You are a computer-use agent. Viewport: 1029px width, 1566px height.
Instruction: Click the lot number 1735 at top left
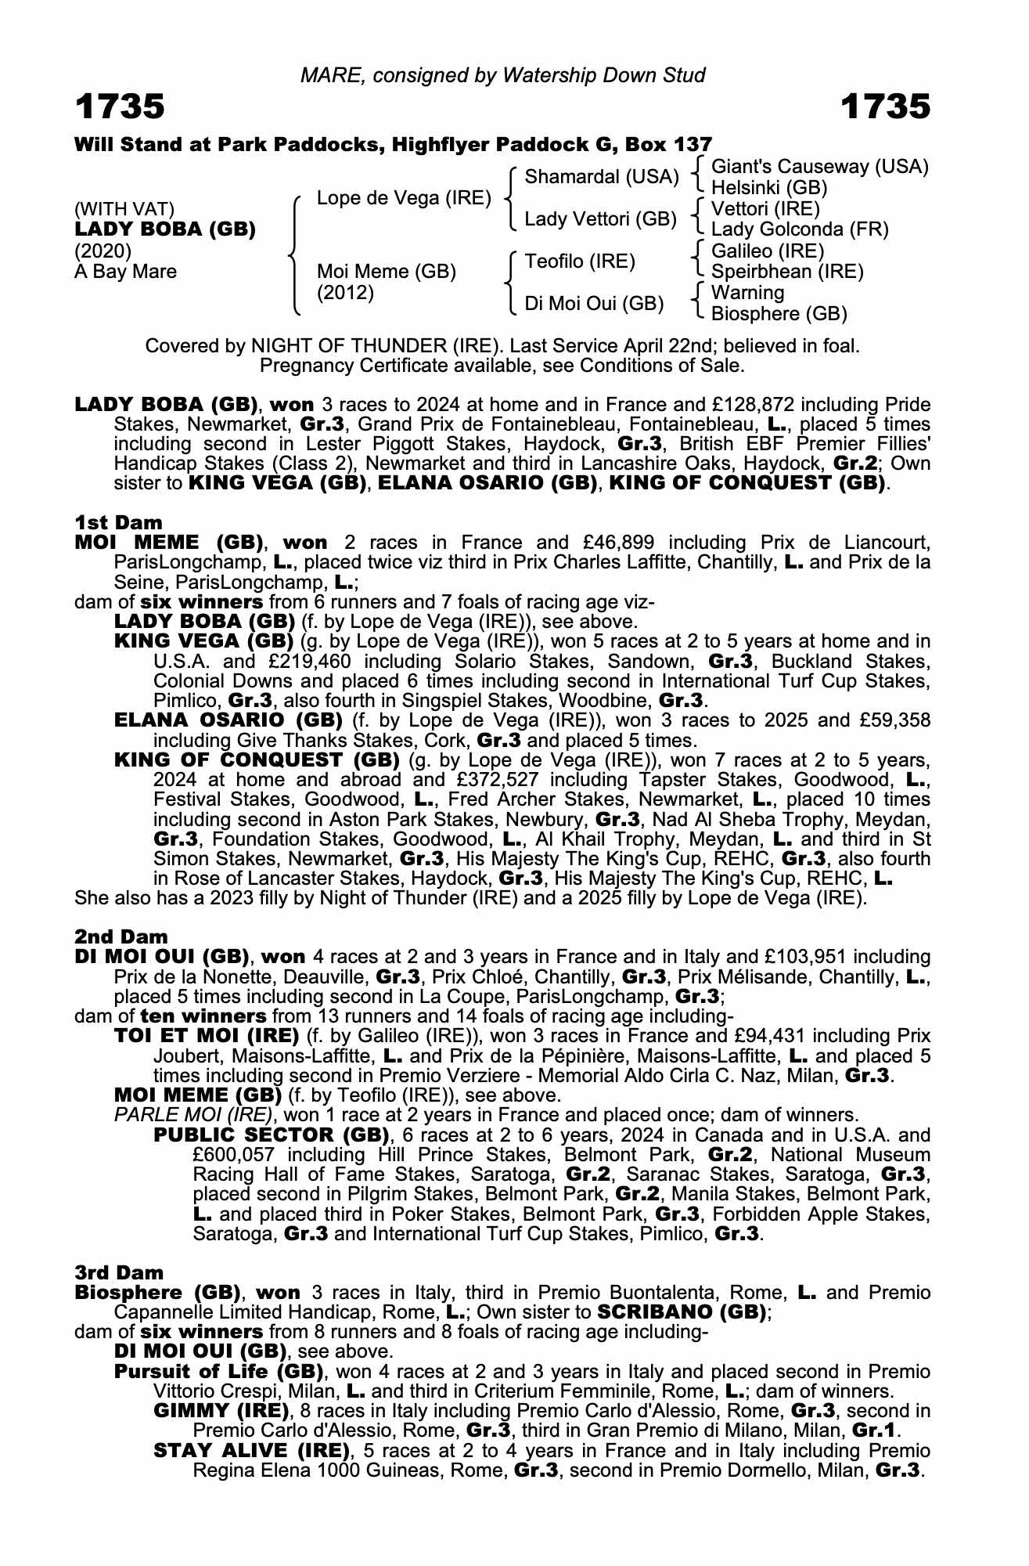(x=120, y=106)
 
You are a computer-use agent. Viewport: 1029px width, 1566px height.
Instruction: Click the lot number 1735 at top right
(x=886, y=106)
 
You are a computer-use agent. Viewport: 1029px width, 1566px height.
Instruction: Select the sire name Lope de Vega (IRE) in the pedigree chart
(x=404, y=198)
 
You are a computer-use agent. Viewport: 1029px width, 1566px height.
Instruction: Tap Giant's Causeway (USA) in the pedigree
(x=819, y=167)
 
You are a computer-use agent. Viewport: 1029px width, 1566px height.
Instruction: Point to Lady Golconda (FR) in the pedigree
(x=800, y=230)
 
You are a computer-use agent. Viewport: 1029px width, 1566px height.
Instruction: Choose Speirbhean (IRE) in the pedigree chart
(x=787, y=272)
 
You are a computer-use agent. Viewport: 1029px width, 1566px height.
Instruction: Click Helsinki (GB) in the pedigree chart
(x=769, y=188)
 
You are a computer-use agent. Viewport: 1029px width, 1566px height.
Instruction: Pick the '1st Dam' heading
(x=118, y=522)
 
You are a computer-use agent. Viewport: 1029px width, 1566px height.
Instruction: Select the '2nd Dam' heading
(x=121, y=936)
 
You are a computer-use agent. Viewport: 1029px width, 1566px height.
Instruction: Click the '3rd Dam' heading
(x=120, y=1272)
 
